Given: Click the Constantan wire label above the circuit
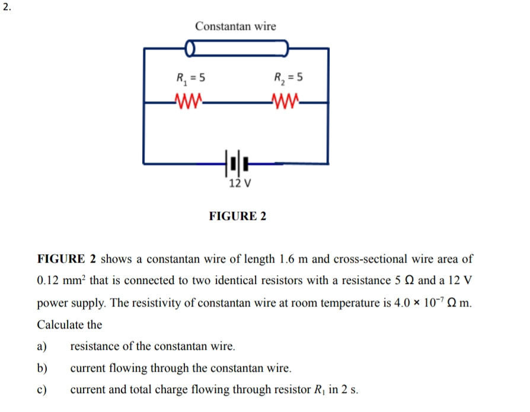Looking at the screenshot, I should click(x=235, y=27).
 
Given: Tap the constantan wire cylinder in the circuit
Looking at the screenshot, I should click(x=237, y=47).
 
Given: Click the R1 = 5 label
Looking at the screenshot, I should click(x=190, y=78).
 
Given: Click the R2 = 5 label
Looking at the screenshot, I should click(x=289, y=78).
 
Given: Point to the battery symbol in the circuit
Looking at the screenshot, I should click(x=236, y=161).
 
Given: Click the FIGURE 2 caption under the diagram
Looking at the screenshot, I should click(x=238, y=216).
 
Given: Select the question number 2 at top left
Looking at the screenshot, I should click(x=7, y=7).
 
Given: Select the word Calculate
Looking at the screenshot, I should click(x=69, y=325).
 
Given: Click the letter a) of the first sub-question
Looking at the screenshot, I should click(x=42, y=346).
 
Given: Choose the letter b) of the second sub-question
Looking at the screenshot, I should click(x=42, y=368).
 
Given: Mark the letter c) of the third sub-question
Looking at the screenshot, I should click(x=42, y=390).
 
